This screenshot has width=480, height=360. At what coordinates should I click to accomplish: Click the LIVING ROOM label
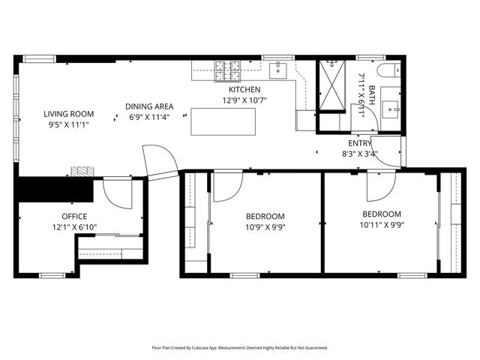point(67,114)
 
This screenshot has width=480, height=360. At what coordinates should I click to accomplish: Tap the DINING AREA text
point(148,106)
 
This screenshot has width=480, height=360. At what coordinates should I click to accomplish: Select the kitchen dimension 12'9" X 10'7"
point(244,100)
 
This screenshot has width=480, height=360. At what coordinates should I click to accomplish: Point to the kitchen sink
point(277,70)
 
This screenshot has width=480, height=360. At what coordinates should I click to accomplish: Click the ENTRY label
point(359,143)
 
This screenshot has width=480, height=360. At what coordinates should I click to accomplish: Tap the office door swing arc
point(117,194)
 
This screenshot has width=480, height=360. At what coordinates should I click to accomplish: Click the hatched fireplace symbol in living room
point(82,170)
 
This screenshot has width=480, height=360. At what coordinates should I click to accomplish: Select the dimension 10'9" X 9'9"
point(265,227)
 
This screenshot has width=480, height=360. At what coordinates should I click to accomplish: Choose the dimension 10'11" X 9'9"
point(381,224)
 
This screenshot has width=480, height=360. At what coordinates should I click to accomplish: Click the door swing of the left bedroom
point(227,187)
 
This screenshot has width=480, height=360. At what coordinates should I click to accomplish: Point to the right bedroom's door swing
point(381,187)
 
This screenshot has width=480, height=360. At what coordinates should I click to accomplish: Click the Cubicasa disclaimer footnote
point(240,348)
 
